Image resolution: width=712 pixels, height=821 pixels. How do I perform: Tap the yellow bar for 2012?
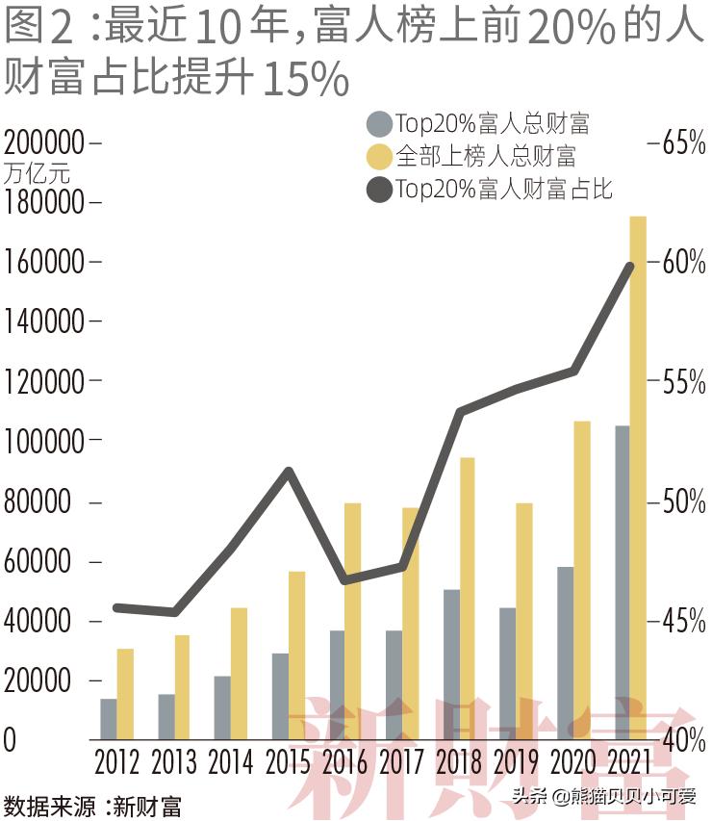125,694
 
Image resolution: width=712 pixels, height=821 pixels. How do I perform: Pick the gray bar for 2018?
452,664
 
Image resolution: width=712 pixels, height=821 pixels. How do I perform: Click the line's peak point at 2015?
288,471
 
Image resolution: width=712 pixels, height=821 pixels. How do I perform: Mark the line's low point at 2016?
344,580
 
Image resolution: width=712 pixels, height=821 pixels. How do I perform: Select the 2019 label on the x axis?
514,762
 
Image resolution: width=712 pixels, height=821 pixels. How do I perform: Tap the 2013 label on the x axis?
173,762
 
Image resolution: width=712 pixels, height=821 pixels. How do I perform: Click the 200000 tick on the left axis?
45,143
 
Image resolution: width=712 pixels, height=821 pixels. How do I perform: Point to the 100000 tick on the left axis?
45,442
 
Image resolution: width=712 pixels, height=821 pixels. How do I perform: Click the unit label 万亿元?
37,174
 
